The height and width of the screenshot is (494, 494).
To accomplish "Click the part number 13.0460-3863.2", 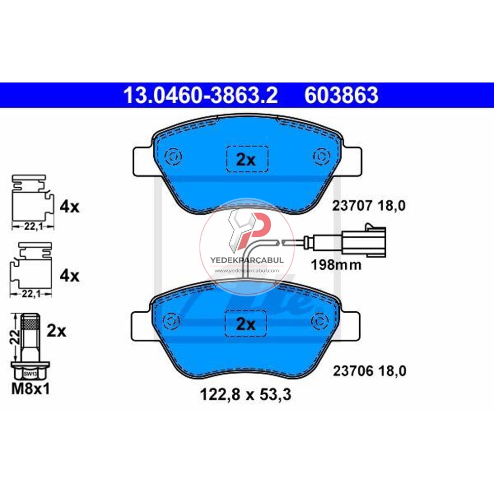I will pos(200,95).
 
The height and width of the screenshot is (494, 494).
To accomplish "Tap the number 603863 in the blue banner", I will pos(341,95).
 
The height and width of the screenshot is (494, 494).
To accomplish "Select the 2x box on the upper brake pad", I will pos(247,159).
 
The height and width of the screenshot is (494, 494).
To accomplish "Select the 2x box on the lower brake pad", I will pos(246,324).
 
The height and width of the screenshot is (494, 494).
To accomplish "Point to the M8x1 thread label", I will pos(31,389).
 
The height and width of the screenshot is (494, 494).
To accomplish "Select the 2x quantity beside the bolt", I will pos(56,330).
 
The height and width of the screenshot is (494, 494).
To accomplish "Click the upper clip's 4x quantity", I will pos(69,206).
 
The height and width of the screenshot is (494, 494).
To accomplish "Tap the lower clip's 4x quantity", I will pos(69,275).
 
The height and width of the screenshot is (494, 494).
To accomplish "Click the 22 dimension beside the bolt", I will pos(15,337).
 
